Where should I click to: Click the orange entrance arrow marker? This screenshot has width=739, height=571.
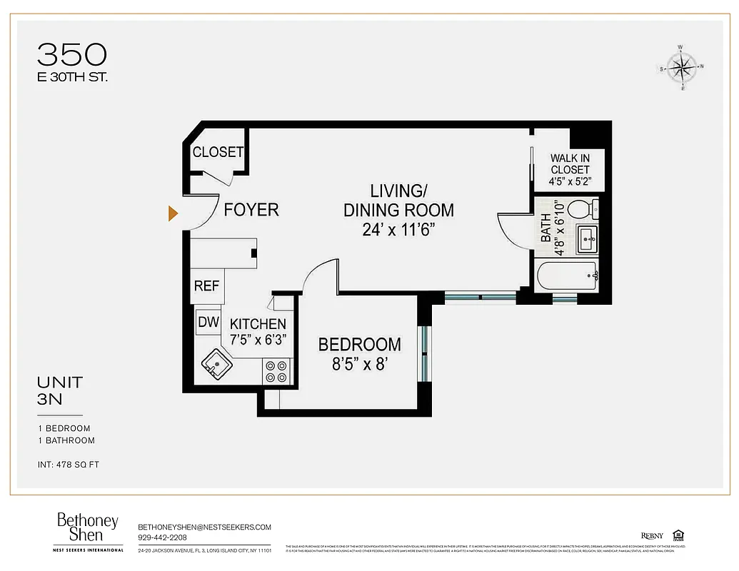[x=173, y=213]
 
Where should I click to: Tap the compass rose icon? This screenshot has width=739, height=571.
[x=683, y=68]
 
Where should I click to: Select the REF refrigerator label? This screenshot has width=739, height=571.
[x=206, y=285]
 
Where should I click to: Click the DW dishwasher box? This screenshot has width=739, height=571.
[x=208, y=323]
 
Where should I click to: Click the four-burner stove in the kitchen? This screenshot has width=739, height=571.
[x=276, y=370]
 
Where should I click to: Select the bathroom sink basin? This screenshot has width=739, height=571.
[x=587, y=238]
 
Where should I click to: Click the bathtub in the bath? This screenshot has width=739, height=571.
[x=567, y=276]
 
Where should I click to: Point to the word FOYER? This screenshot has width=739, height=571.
[x=251, y=210]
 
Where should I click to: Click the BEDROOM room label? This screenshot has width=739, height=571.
[x=359, y=345]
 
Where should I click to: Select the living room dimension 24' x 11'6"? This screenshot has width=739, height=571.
[x=398, y=229]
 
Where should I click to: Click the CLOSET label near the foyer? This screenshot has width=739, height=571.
[x=218, y=152]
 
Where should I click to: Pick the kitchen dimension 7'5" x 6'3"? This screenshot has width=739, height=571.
[x=258, y=340]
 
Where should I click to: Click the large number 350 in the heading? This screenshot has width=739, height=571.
[x=72, y=54]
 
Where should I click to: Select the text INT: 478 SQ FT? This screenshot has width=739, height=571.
[x=69, y=465]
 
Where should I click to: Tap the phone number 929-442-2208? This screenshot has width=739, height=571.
[x=164, y=537]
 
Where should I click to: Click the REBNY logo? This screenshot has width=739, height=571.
[x=652, y=536]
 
